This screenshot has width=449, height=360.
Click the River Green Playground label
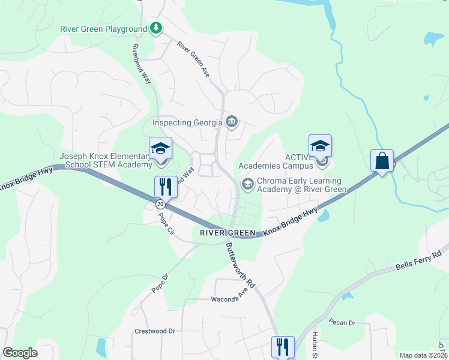[x=103, y=29]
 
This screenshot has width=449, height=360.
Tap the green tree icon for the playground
[x=156, y=28]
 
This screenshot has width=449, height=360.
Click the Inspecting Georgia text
[x=188, y=122]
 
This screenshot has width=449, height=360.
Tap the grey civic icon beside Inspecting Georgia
[x=232, y=122]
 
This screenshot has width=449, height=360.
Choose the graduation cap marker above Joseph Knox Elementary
[x=160, y=148]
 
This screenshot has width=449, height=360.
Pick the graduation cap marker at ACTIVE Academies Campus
[x=321, y=146]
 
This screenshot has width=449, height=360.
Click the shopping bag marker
[x=382, y=161]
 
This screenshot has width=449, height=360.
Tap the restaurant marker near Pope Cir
[x=166, y=187]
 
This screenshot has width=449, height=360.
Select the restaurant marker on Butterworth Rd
[x=283, y=347]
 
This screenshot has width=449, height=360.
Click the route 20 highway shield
[x=160, y=205]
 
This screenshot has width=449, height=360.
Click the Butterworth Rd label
[x=240, y=263]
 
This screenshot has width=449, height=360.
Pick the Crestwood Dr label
[x=154, y=331]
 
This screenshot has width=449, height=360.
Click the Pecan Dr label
[x=343, y=323]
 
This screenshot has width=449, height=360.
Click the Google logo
[x=20, y=353]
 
